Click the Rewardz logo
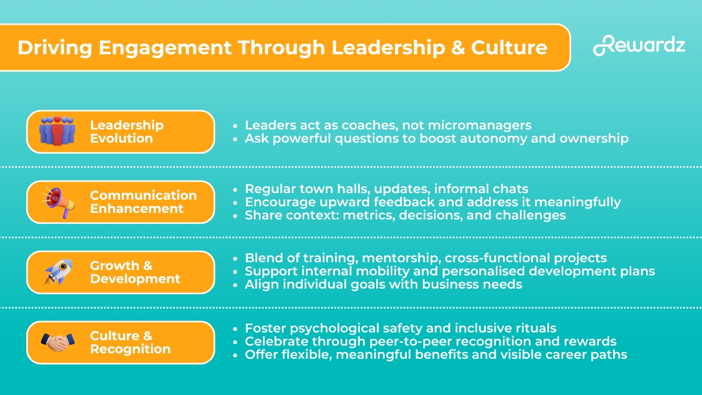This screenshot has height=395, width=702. [x=639, y=46]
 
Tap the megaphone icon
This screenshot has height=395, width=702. [x=58, y=202]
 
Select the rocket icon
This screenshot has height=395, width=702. [x=59, y=272]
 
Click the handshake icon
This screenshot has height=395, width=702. [x=58, y=342]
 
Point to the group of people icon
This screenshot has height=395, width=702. [x=58, y=131]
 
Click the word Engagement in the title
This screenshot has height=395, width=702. [x=165, y=48]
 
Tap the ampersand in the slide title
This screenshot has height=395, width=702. [x=458, y=47]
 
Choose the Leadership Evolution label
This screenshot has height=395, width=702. [x=127, y=132]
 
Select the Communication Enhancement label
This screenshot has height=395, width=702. [x=144, y=202]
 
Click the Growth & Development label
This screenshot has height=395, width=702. [x=135, y=272]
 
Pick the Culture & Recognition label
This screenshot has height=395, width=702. [x=131, y=342]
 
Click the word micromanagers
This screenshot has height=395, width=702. [x=480, y=125]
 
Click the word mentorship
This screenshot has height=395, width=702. [x=401, y=258]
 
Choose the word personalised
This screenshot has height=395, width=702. [x=483, y=272]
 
